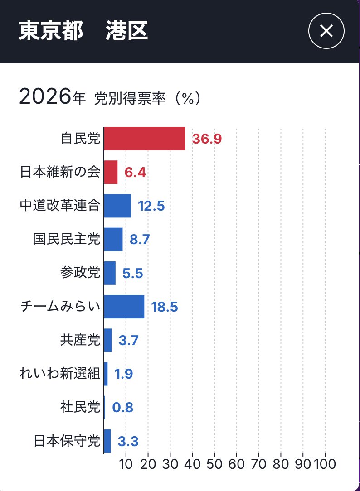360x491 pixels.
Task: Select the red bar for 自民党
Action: coord(144,139)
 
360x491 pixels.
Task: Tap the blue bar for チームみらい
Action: coord(124,307)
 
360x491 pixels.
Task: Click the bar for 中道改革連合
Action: coord(117,206)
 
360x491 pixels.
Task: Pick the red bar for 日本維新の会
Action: coord(111,172)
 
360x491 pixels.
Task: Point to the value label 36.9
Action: coord(206,139)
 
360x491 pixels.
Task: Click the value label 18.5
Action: coord(165,307)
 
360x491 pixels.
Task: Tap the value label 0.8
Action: coord(122,408)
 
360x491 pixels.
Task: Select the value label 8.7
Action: coord(140,240)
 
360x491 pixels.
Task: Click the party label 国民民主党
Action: coord(66,239)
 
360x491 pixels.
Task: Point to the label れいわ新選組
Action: coord(60,374)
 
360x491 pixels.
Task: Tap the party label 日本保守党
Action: coord(66,441)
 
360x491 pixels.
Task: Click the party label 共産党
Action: coord(80,340)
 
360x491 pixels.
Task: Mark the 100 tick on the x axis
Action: coord(325,464)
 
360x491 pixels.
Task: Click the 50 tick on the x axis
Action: coord(214,464)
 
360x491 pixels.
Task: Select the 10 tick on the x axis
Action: coord(126,464)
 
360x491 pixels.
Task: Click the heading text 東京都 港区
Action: coord(83,32)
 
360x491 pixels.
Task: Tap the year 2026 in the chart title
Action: coord(44,97)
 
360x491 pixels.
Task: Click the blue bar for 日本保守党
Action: coord(107,441)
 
